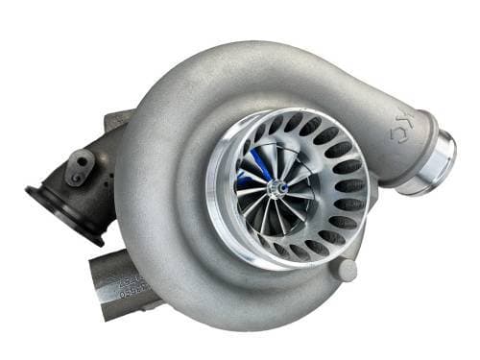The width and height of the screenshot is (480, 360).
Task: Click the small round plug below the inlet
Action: [347, 270]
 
